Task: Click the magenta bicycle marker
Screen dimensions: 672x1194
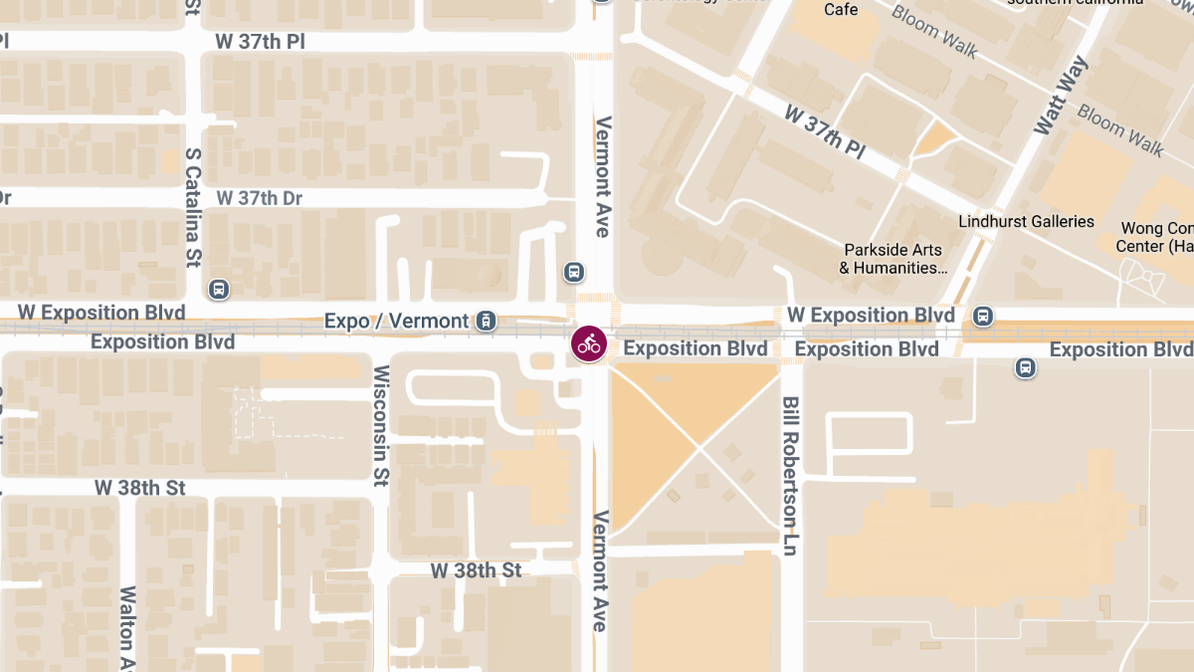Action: (589, 344)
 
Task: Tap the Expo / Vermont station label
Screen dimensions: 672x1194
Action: (396, 321)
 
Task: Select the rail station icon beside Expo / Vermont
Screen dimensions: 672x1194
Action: (486, 320)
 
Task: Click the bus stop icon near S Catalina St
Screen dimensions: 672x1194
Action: (219, 290)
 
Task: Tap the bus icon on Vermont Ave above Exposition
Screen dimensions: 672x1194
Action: (573, 272)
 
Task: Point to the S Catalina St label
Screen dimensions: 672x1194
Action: (193, 208)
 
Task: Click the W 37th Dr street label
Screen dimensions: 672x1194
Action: (259, 198)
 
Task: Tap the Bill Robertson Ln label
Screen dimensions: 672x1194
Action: (790, 476)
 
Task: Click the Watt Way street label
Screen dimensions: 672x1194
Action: (1061, 96)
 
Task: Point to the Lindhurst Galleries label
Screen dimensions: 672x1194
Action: (1026, 221)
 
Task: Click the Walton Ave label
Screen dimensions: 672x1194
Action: (127, 627)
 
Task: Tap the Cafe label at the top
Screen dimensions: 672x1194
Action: (841, 10)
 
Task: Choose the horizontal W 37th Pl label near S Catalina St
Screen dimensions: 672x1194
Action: (261, 41)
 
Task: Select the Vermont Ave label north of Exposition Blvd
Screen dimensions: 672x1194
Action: (602, 176)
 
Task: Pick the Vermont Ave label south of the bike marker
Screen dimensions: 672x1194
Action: (600, 569)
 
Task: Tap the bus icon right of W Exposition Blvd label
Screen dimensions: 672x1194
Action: (983, 316)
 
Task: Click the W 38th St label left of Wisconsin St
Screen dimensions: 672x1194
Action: (140, 488)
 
